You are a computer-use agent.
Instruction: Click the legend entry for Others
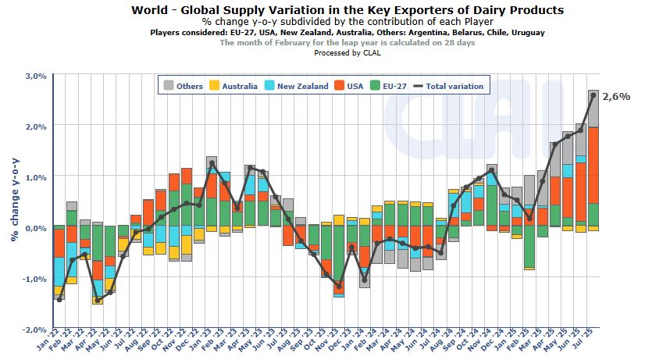pyautogui.click(x=183, y=86)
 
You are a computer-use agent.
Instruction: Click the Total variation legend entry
pyautogui.click(x=448, y=86)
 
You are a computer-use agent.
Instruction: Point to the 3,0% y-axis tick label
pyautogui.click(x=36, y=76)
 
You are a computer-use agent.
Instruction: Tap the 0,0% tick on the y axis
pyautogui.click(x=36, y=228)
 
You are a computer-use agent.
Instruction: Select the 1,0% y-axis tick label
pyautogui.click(x=36, y=177)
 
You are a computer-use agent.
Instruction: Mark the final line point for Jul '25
pyautogui.click(x=593, y=95)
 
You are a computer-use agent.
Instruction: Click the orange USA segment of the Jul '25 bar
pyautogui.click(x=593, y=165)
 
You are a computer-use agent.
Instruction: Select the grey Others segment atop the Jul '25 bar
pyautogui.click(x=593, y=109)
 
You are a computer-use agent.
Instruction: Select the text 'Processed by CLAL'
pyautogui.click(x=347, y=53)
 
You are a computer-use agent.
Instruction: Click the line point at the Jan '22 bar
pyautogui.click(x=59, y=299)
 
